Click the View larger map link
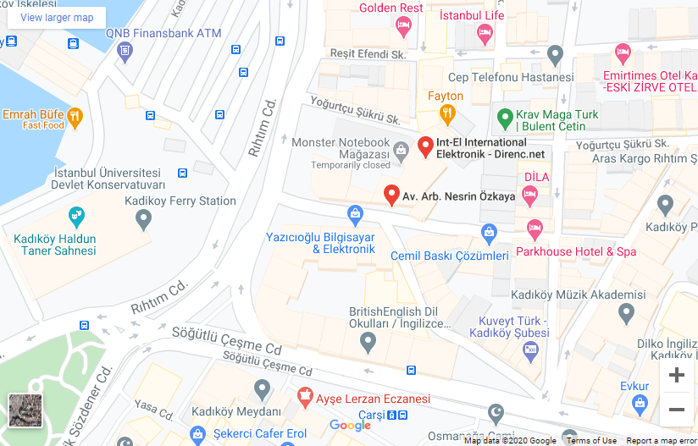click(x=57, y=18)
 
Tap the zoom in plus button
click(x=676, y=375)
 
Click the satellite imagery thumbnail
click(x=25, y=410)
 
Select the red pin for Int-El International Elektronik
click(x=426, y=147)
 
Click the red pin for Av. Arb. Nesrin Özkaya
click(x=391, y=195)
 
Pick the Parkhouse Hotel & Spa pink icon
click(x=535, y=229)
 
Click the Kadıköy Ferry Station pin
click(x=143, y=220)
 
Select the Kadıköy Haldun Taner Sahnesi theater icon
click(x=75, y=215)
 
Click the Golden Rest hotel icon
click(x=403, y=26)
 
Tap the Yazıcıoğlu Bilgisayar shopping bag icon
click(x=355, y=212)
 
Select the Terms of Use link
click(x=591, y=440)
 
